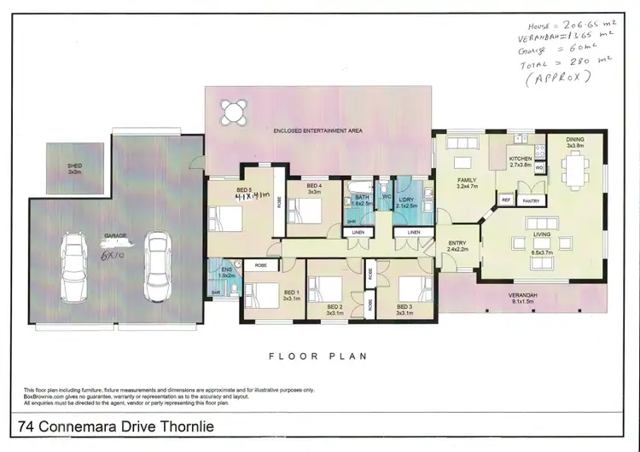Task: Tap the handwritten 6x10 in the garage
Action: pyautogui.click(x=113, y=254)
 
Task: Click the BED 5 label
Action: pyautogui.click(x=244, y=188)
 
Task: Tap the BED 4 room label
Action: pyautogui.click(x=314, y=188)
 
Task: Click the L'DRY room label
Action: pyautogui.click(x=406, y=201)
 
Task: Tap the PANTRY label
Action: pyautogui.click(x=532, y=200)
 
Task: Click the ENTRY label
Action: pyautogui.click(x=457, y=246)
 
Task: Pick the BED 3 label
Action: pyautogui.click(x=405, y=309)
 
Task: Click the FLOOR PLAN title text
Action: pyautogui.click(x=318, y=356)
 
